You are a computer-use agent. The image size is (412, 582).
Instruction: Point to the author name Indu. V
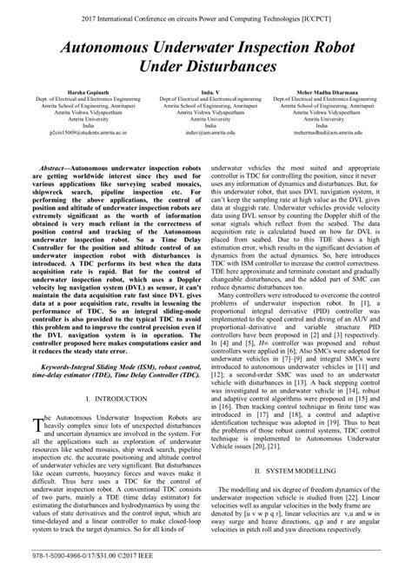(x=205, y=91)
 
